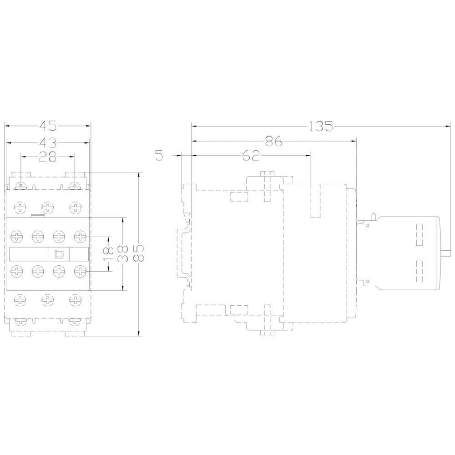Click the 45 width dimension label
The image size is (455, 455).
(x=48, y=126)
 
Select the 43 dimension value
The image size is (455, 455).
(x=48, y=143)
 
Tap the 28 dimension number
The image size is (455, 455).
(x=48, y=157)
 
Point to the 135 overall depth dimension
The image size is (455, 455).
(x=320, y=126)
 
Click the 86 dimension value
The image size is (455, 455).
(x=273, y=141)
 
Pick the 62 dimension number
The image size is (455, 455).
(x=251, y=156)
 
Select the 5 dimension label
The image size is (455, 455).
(x=159, y=156)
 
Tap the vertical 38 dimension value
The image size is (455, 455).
(x=123, y=254)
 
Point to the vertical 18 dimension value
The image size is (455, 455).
(x=109, y=254)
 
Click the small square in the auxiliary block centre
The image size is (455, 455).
(x=59, y=254)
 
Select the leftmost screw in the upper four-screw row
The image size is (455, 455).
(x=17, y=237)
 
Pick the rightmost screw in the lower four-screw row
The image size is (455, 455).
(x=80, y=272)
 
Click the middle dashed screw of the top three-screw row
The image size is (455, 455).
(x=48, y=207)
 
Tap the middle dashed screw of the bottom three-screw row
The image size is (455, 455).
(x=48, y=300)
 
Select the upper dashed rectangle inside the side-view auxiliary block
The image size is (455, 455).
(x=420, y=235)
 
